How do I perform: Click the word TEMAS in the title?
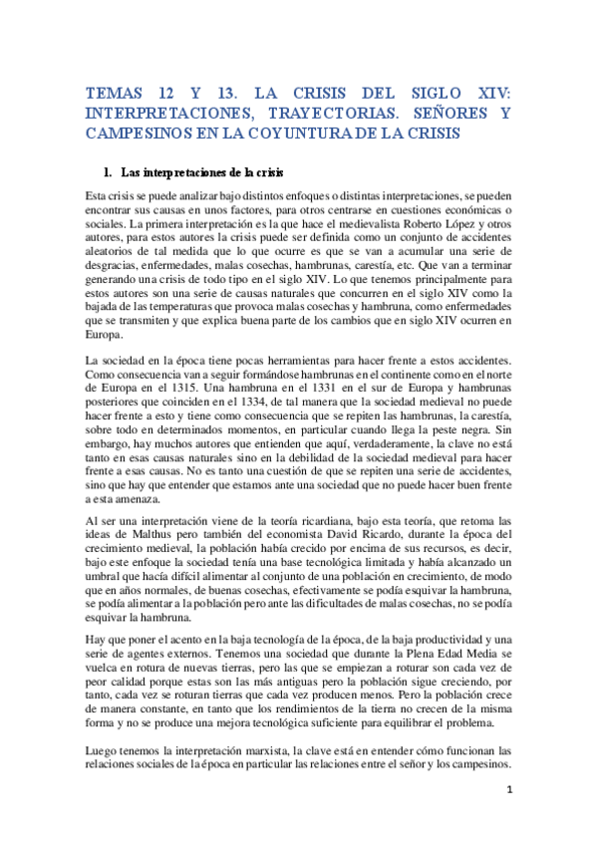point(113,93)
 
